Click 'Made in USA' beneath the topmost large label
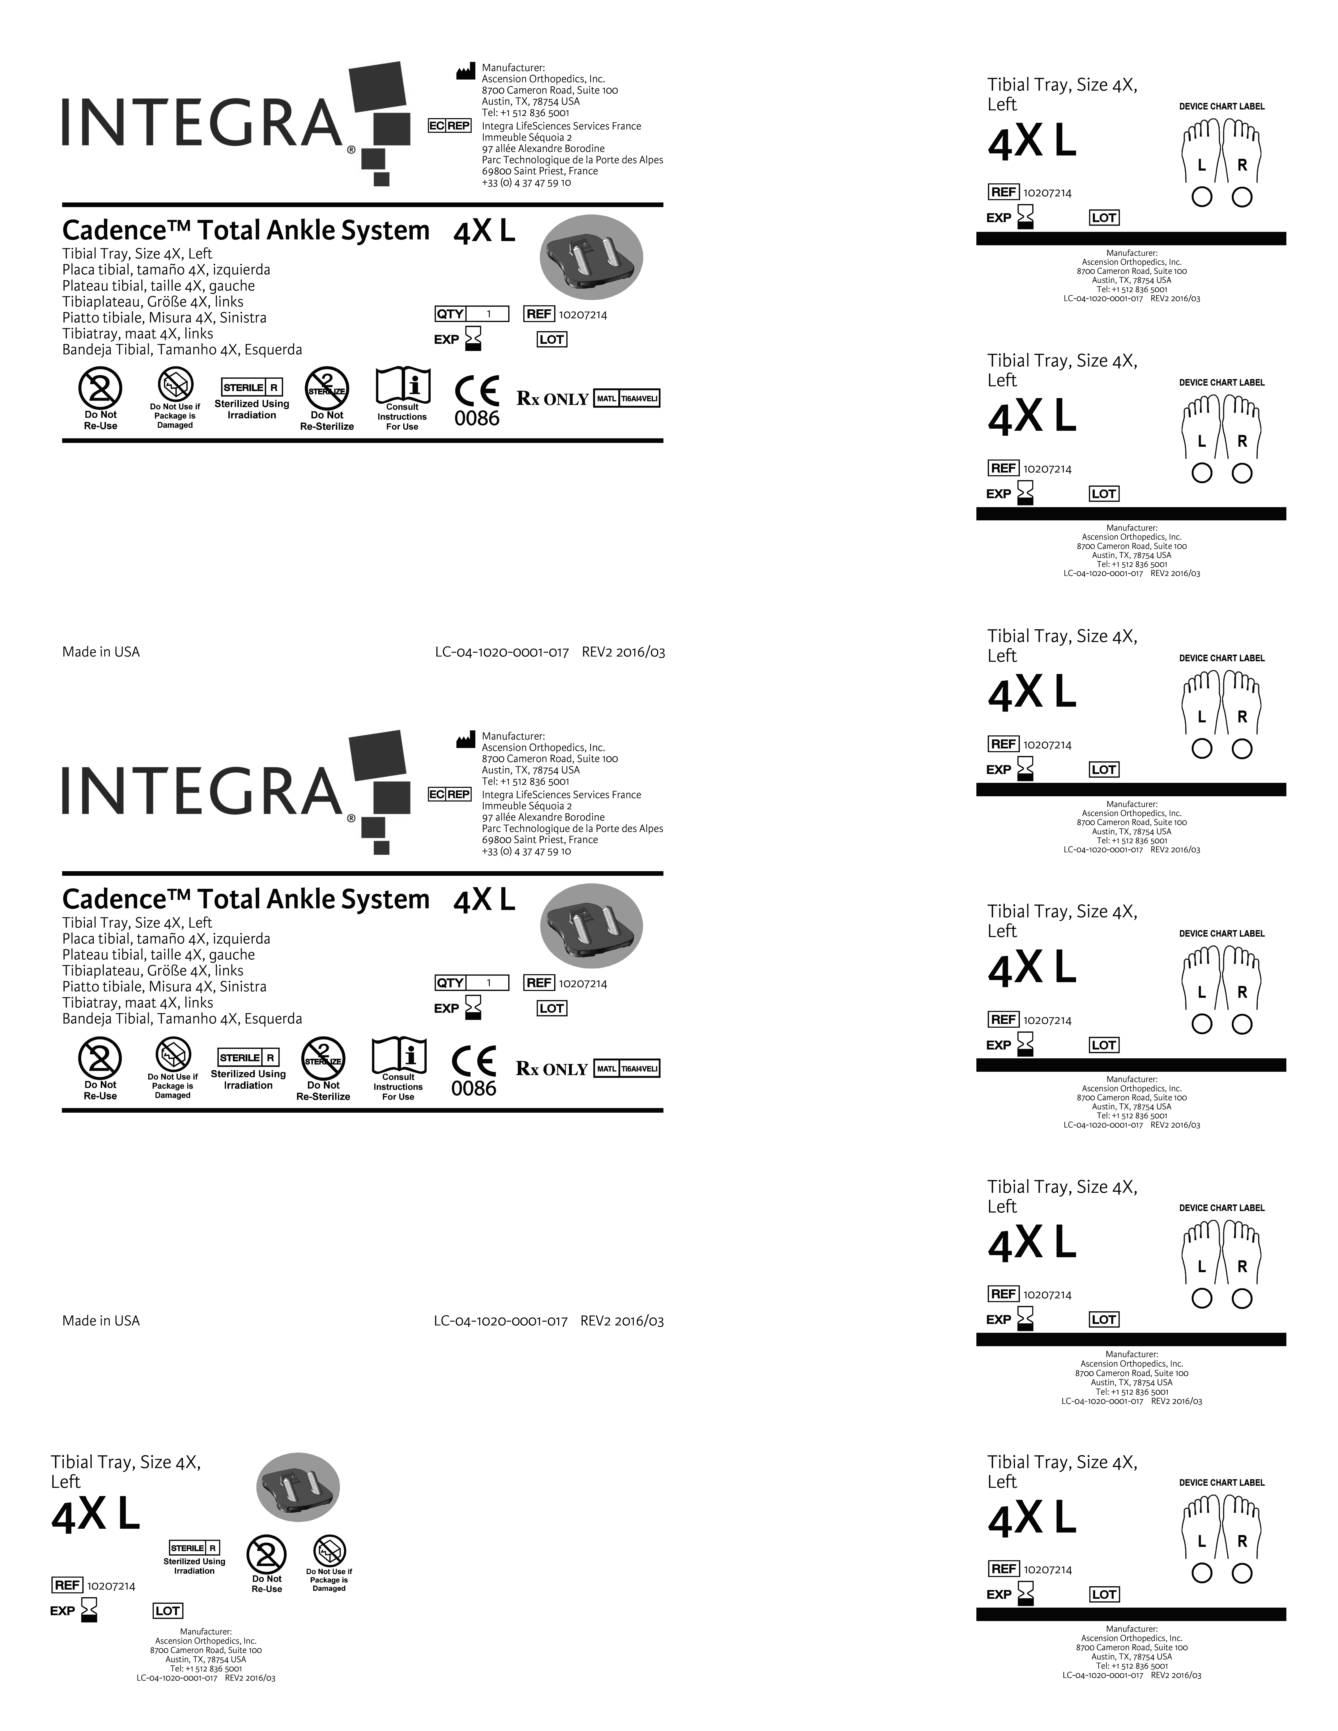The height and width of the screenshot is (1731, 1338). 101,652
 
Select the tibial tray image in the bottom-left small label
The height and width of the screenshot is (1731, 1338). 298,1488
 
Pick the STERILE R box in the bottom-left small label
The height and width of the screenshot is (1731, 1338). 194,1548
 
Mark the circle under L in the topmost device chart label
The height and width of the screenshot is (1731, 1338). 1202,197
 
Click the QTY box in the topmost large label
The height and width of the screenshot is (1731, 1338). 472,314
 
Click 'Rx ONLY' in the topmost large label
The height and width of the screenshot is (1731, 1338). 552,399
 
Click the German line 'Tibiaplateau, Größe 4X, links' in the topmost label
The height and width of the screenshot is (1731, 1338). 153,302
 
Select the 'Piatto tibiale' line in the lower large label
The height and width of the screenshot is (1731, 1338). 164,987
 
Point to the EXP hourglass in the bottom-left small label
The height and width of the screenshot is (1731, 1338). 89,1610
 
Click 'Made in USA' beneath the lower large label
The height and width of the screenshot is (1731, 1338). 101,1321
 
